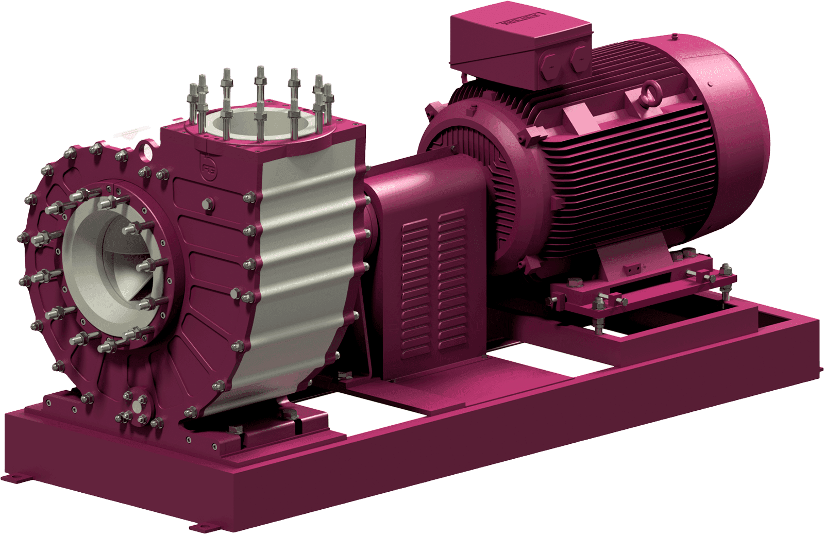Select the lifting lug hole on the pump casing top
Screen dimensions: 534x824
click(x=149, y=149)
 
